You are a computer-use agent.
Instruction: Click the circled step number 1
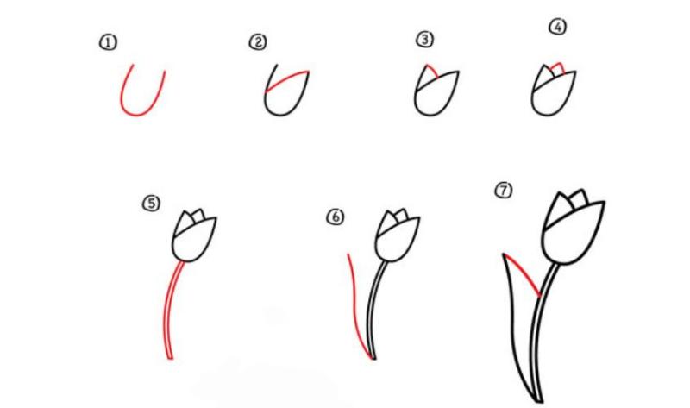108,42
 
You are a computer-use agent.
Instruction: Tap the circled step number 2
257,41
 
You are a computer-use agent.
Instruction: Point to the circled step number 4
557,28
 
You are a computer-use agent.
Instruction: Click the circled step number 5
152,204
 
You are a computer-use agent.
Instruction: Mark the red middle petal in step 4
558,65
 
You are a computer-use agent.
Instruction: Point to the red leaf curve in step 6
355,302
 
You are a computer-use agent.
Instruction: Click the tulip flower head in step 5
194,235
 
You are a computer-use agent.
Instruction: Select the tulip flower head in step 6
398,235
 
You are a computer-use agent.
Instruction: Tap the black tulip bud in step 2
284,95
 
